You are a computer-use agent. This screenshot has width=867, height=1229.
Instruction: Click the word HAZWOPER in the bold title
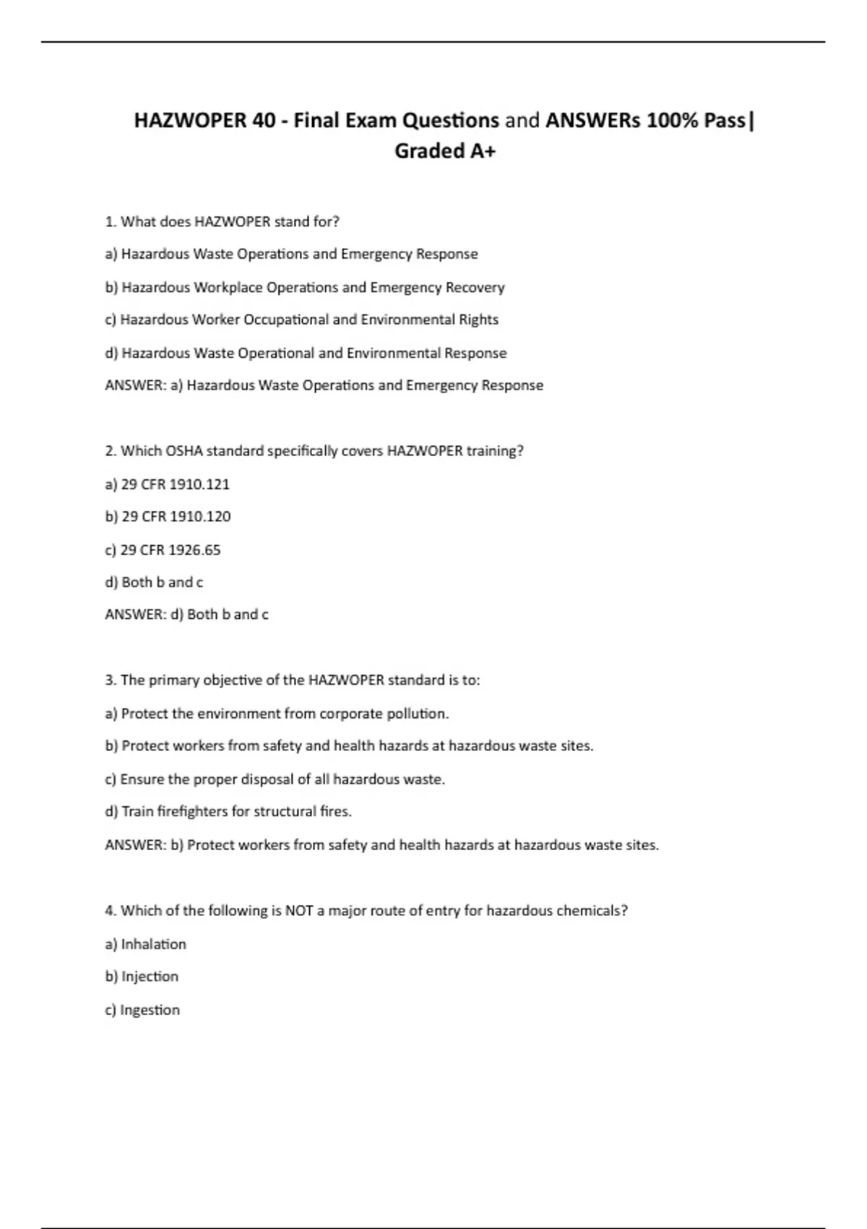tap(190, 120)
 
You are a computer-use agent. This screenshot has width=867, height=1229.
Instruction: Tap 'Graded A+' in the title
tap(445, 151)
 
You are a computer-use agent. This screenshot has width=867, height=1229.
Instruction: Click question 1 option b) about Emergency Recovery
tap(304, 288)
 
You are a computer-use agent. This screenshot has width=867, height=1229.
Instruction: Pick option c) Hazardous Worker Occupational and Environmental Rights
tap(301, 320)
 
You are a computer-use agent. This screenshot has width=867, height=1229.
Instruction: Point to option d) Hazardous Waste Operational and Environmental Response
tap(306, 353)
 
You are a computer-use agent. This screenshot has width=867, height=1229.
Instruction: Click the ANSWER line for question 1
tap(324, 385)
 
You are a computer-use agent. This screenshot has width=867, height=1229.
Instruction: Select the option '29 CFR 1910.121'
tap(167, 484)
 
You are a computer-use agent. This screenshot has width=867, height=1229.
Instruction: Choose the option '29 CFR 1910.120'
tap(168, 517)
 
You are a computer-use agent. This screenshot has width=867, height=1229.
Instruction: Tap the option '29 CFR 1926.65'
tap(163, 550)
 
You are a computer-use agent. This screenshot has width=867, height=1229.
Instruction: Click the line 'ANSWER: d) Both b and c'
tap(186, 614)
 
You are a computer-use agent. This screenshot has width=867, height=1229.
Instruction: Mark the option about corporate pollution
tap(277, 714)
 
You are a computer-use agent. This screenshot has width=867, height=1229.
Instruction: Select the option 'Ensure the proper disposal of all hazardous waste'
tap(275, 779)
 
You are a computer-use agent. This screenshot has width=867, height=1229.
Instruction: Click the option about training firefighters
tap(228, 812)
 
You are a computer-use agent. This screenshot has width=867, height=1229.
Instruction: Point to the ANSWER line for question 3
tap(381, 845)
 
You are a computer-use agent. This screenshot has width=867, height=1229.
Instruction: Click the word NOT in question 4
tap(299, 911)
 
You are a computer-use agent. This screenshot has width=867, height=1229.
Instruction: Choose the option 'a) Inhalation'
tap(145, 944)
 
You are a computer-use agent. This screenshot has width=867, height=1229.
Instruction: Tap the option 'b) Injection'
tap(142, 977)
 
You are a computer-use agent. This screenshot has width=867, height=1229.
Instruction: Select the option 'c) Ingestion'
tap(142, 1010)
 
